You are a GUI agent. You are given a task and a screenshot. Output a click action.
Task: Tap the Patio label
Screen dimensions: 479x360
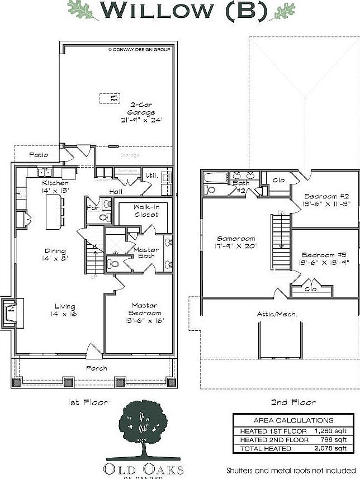pos(38,155)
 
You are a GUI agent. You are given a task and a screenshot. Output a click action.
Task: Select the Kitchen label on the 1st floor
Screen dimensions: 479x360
pos(56,183)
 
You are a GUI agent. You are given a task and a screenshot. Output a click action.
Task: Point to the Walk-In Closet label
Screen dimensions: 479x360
pos(146,211)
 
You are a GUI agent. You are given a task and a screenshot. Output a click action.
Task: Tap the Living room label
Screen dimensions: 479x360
pos(65,306)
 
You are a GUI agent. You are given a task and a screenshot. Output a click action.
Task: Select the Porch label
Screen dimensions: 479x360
pos(96,368)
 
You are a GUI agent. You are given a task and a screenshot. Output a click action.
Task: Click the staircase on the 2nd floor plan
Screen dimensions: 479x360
pos(280,241)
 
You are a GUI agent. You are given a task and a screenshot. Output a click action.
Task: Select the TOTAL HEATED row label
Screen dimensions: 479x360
pos(266,448)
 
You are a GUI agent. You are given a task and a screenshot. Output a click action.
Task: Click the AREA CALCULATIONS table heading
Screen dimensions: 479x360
pos(293,420)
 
